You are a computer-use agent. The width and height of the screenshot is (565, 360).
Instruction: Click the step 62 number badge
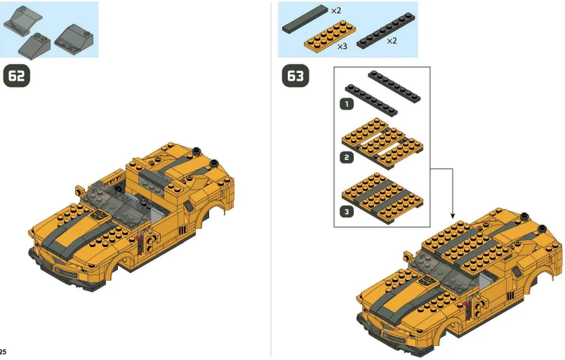[18, 75]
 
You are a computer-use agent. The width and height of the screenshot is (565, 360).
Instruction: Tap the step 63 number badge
[295, 76]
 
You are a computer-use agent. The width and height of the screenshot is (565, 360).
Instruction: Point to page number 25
[4, 351]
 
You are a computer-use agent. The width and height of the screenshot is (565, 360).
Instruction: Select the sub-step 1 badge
[345, 105]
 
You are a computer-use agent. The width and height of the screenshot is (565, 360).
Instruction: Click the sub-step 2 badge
[345, 157]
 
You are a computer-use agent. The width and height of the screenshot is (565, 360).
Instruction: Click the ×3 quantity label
[342, 46]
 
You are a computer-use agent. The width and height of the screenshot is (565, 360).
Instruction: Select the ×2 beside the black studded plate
[392, 41]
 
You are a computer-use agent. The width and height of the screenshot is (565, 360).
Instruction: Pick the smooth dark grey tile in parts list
[305, 22]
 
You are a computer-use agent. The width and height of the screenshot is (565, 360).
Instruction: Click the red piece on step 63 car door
[468, 302]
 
